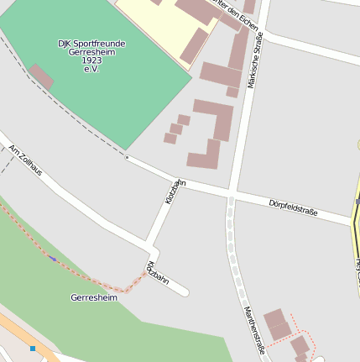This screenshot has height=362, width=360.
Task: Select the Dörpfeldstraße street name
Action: coord(293,208)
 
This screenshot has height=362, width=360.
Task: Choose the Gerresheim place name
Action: coord(94,297)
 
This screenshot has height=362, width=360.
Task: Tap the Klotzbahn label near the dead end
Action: coord(157,274)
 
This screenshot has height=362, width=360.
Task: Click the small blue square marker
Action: coord(33,348)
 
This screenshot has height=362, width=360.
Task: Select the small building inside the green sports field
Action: coord(41,76)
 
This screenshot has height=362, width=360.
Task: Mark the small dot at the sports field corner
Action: coord(127,157)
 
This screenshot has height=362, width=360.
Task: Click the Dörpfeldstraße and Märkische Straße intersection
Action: coord(232,196)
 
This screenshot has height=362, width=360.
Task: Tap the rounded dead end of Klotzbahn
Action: coord(184,292)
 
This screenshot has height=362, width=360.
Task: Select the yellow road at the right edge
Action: coord(355,235)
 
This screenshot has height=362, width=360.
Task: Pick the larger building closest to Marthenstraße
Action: coord(278,323)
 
